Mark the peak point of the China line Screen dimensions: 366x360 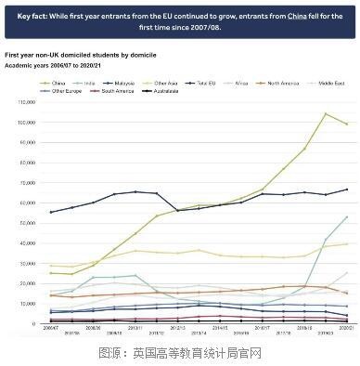pyautogui.click(x=326, y=113)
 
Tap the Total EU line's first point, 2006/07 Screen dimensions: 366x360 pyautogui.click(x=50, y=212)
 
